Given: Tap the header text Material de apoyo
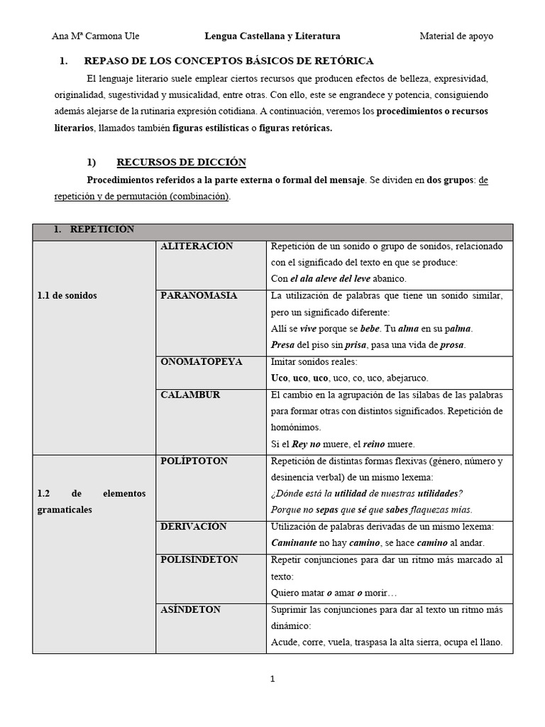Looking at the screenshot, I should click(x=456, y=36).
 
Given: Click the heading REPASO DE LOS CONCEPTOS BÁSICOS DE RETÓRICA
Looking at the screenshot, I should click(x=229, y=62).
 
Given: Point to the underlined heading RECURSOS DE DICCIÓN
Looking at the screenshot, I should click(x=181, y=163).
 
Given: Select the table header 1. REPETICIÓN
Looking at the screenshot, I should click(x=94, y=229).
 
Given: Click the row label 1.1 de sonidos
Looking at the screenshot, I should click(x=67, y=296).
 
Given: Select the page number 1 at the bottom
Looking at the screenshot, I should click(x=272, y=679).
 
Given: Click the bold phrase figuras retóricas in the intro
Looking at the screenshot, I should click(x=296, y=129).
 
